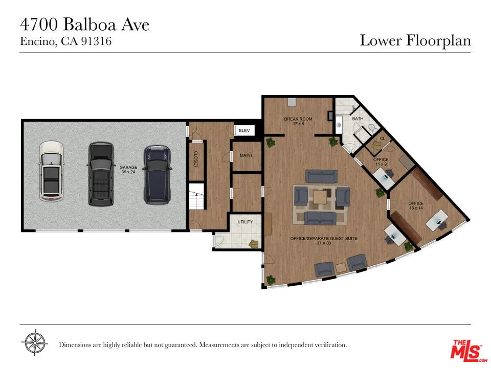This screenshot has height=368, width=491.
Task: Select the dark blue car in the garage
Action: click(x=157, y=174)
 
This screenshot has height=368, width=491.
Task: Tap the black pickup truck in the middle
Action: click(x=100, y=174)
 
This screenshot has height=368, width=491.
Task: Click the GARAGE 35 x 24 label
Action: click(x=128, y=170)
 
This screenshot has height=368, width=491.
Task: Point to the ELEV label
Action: click(x=244, y=131)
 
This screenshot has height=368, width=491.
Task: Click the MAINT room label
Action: click(x=246, y=155)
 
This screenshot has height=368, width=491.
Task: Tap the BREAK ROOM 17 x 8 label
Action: click(x=298, y=121)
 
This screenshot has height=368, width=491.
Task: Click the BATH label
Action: click(x=358, y=119)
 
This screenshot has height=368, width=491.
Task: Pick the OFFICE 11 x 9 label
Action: click(x=381, y=162)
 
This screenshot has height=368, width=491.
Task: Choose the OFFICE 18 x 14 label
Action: click(x=416, y=206)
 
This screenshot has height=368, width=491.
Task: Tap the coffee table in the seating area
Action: click(x=321, y=197)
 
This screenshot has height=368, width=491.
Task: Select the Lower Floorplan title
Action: click(x=415, y=40)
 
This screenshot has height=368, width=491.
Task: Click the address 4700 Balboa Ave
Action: click(x=85, y=24)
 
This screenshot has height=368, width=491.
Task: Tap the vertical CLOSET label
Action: click(x=195, y=159)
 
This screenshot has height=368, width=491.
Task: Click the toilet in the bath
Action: click(x=372, y=128)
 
